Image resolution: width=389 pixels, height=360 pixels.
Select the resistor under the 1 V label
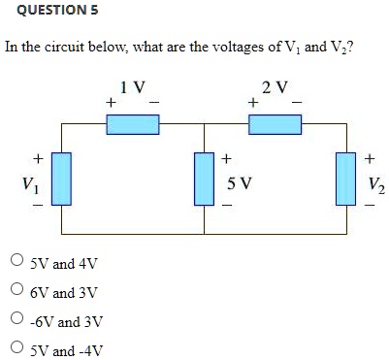133,123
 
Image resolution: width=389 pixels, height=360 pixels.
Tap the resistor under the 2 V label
276,123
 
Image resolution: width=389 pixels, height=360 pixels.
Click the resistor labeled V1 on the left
61,179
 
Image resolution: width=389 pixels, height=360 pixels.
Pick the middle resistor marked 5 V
204,179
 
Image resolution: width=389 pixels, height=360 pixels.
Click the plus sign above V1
37,156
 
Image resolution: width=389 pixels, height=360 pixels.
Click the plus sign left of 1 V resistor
112,102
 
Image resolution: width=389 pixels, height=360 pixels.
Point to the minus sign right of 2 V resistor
297,102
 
